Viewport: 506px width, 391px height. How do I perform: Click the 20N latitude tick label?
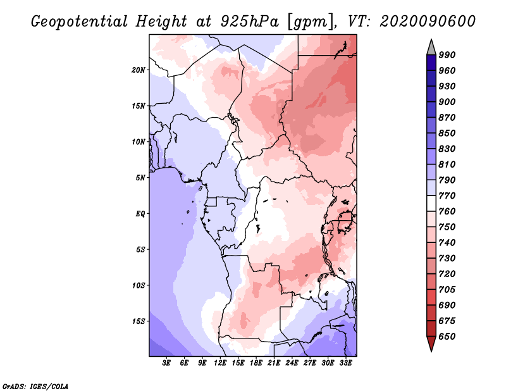click(139, 70)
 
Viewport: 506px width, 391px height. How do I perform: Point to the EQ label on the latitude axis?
click(140, 214)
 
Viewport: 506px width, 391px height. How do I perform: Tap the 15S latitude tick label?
click(139, 321)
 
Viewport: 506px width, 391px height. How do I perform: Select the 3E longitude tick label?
click(166, 363)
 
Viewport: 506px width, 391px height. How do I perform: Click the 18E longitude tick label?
click(256, 363)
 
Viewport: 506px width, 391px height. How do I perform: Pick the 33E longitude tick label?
click(345, 363)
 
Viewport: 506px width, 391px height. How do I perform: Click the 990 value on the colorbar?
click(447, 55)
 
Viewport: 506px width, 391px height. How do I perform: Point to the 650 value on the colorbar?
click(447, 337)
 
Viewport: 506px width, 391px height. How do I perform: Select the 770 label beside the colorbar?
click(447, 195)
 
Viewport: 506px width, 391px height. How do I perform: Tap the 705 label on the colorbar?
click(447, 290)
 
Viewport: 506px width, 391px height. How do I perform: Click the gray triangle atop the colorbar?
click(431, 47)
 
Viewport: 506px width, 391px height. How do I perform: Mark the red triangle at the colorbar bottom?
click(431, 344)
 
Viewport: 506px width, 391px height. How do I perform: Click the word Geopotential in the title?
click(80, 22)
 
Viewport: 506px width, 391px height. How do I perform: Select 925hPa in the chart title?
click(249, 22)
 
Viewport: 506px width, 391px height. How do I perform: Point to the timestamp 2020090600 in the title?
click(428, 22)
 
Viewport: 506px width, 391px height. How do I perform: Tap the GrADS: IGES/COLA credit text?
click(35, 387)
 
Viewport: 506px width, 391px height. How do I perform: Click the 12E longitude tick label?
click(220, 363)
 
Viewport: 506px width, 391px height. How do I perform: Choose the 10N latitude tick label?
click(139, 142)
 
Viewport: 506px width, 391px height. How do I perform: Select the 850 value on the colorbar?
click(447, 133)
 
